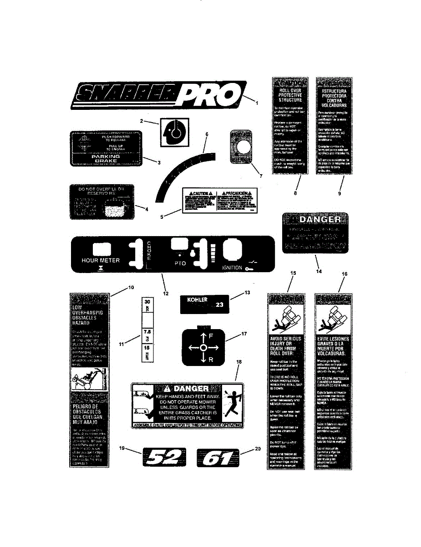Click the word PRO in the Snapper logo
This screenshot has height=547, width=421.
click(209, 96)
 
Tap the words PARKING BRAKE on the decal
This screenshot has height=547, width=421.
click(105, 158)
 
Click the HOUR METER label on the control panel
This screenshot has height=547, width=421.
click(101, 260)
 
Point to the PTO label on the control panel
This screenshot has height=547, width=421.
click(180, 263)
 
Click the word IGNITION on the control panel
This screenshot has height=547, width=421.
click(232, 268)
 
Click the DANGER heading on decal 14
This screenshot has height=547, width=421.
click(321, 220)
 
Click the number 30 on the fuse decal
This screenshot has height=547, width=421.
click(147, 302)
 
